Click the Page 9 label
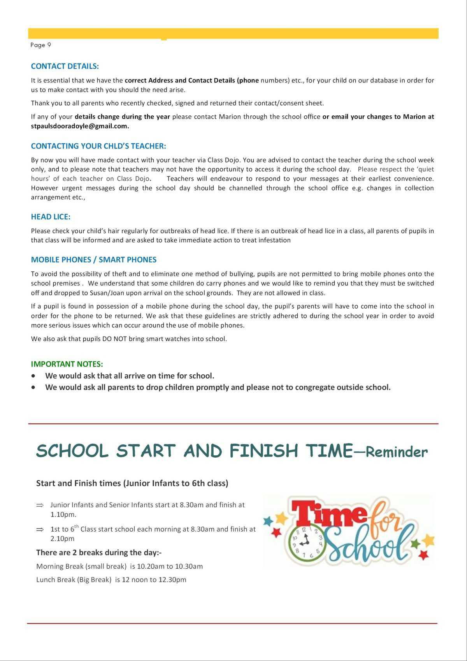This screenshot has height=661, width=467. [x=40, y=45]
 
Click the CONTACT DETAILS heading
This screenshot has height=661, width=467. [x=65, y=66]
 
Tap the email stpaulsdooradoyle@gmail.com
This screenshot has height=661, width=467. [x=79, y=126]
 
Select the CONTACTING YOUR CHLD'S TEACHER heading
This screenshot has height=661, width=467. [x=98, y=146]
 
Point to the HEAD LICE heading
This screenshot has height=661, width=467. [x=51, y=217]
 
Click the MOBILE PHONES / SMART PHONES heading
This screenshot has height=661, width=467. [x=93, y=260]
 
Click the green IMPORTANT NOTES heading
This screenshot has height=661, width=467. [x=67, y=364]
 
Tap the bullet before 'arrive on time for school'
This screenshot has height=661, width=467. [x=34, y=376]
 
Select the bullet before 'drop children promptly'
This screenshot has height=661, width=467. [x=34, y=387]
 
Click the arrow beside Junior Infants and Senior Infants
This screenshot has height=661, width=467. [x=40, y=505]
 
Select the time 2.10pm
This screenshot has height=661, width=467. [x=62, y=539]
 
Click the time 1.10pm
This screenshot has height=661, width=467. [x=63, y=515]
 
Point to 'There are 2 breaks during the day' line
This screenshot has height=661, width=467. [x=99, y=552]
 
